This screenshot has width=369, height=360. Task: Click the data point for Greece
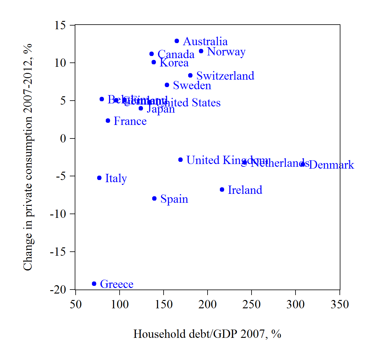click(x=94, y=284)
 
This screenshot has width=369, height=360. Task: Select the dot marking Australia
click(x=177, y=41)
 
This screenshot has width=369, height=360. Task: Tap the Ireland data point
click(x=222, y=190)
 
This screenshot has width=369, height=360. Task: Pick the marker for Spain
click(x=154, y=198)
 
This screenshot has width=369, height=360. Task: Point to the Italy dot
click(x=99, y=178)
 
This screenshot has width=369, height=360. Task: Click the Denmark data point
click(x=303, y=164)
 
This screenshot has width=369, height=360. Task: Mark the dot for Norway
click(x=201, y=51)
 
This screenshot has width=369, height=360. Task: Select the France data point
click(x=108, y=121)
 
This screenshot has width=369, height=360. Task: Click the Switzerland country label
click(x=225, y=76)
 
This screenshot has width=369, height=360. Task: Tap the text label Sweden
click(x=192, y=86)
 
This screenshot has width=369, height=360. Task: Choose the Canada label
click(x=176, y=54)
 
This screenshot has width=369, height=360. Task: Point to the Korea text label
click(x=174, y=63)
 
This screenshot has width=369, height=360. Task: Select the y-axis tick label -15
click(x=58, y=252)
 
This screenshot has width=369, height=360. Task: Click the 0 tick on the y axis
click(x=63, y=138)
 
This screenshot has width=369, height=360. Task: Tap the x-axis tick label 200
click(x=208, y=304)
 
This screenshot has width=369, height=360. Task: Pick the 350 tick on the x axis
click(x=339, y=304)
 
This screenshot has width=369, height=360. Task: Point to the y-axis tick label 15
click(x=60, y=25)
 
